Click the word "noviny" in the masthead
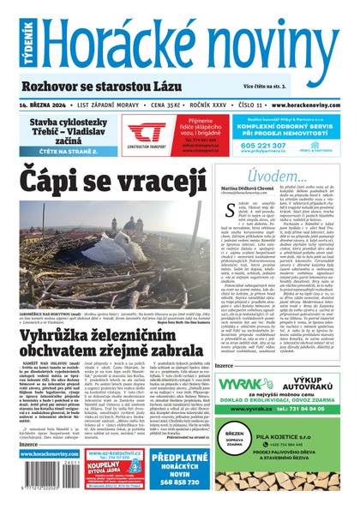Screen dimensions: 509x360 (273, 38)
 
